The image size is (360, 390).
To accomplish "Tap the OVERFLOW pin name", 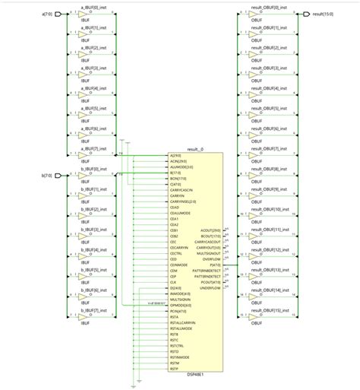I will (x=213, y=258).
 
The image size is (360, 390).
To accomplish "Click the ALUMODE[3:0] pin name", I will (x=180, y=166).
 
